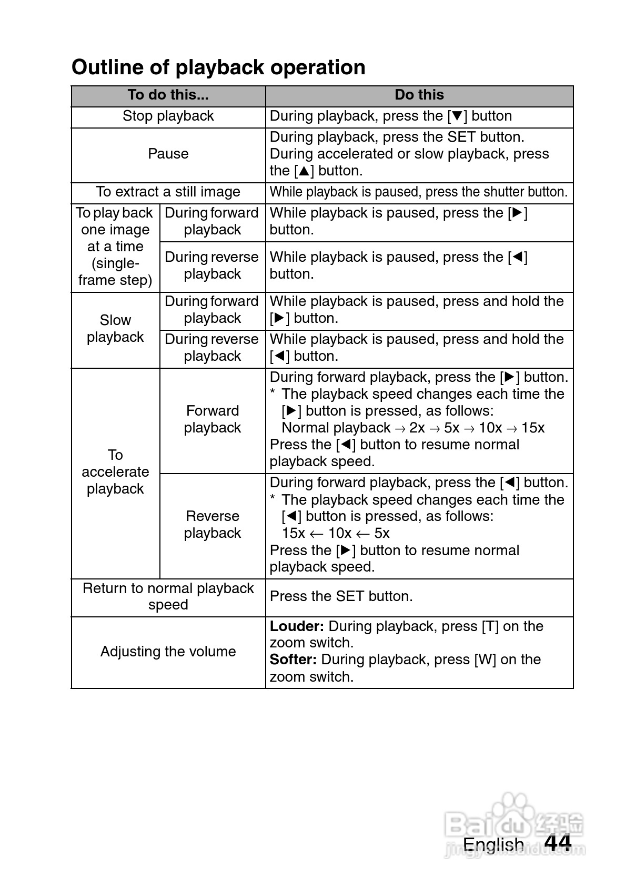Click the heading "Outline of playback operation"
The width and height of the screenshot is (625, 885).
pyautogui.click(x=218, y=67)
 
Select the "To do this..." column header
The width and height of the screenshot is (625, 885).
pyautogui.click(x=168, y=95)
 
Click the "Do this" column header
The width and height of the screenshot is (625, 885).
pyautogui.click(x=419, y=95)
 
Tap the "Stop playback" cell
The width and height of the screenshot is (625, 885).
pyautogui.click(x=168, y=116)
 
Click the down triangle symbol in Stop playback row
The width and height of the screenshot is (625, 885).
pyautogui.click(x=457, y=116)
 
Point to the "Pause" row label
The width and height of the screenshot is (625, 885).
pyautogui.click(x=168, y=154)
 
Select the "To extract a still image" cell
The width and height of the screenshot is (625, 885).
pyautogui.click(x=168, y=192)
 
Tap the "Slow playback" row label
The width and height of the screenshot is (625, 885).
pyautogui.click(x=115, y=329)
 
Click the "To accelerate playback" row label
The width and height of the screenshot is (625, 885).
pyautogui.click(x=115, y=472)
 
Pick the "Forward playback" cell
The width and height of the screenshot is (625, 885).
pyautogui.click(x=213, y=419)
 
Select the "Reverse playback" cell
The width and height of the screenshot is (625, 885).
pyautogui.click(x=213, y=525)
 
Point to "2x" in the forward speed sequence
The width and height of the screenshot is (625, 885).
pyautogui.click(x=417, y=428)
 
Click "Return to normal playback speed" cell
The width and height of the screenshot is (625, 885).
pyautogui.click(x=168, y=596)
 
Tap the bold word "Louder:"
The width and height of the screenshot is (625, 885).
pyautogui.click(x=297, y=626)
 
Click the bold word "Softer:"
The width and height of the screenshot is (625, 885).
pyautogui.click(x=293, y=660)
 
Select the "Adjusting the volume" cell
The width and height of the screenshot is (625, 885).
pyautogui.click(x=168, y=652)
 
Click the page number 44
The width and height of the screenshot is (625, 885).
pyautogui.click(x=558, y=842)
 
